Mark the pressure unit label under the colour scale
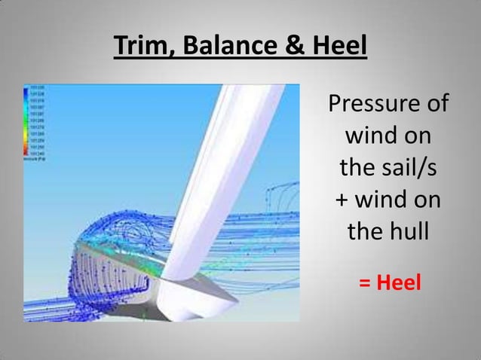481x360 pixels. pyautogui.click(x=35, y=160)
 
